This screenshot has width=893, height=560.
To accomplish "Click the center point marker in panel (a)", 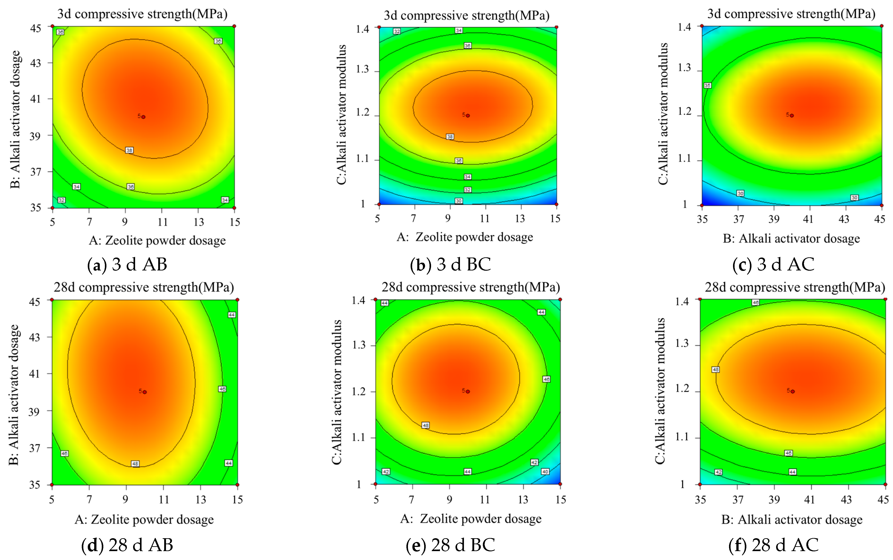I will (x=143, y=117).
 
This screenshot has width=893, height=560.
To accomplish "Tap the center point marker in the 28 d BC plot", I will (x=468, y=392).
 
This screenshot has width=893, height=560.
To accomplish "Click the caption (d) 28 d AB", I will (x=127, y=545).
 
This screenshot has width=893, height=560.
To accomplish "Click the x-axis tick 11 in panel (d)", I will (x=164, y=500).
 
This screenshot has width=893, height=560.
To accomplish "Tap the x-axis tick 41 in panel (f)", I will (x=810, y=500).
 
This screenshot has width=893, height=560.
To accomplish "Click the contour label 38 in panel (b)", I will (x=450, y=137).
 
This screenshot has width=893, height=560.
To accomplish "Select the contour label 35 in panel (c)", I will (x=707, y=86).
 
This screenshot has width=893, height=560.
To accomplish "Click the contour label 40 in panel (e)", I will (x=545, y=472).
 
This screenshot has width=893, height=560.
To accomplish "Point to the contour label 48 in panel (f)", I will (x=715, y=370).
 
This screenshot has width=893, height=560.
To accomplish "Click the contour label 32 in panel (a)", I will (x=62, y=200).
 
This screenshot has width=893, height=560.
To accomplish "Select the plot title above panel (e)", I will (x=471, y=287).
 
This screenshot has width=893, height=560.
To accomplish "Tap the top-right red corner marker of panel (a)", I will (x=234, y=26).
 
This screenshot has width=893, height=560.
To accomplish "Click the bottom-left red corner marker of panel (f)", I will (x=700, y=484).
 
